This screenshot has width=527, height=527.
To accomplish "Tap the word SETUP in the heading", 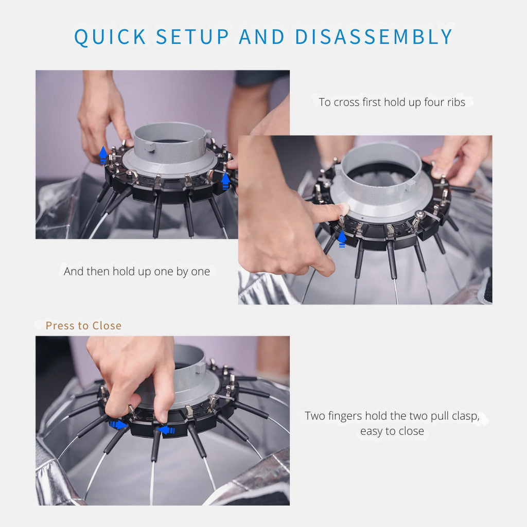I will [193, 37].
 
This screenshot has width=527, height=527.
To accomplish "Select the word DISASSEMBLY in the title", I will [373, 37].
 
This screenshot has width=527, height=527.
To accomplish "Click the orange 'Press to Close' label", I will [83, 326].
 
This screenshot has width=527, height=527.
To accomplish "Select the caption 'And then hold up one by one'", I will [137, 271].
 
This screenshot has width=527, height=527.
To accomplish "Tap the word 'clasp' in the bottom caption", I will [464, 416].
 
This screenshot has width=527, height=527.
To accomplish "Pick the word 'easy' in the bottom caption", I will [370, 431].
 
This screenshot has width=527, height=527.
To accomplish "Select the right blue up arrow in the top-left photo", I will [225, 181].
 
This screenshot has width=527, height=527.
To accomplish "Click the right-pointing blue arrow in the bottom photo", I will [118, 425].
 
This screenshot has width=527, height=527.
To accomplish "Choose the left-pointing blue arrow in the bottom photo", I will [166, 430].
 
